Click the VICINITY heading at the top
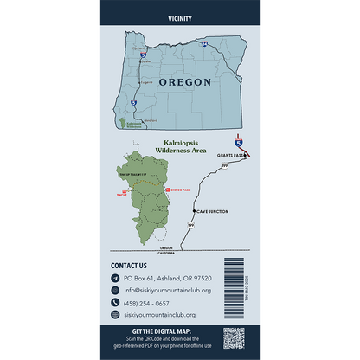(x=180, y=17)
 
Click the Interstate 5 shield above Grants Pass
(x=239, y=140)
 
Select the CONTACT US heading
(x=129, y=266)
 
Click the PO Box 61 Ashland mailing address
(x=167, y=278)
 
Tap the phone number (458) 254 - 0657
(x=149, y=304)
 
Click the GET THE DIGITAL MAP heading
(x=163, y=331)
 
